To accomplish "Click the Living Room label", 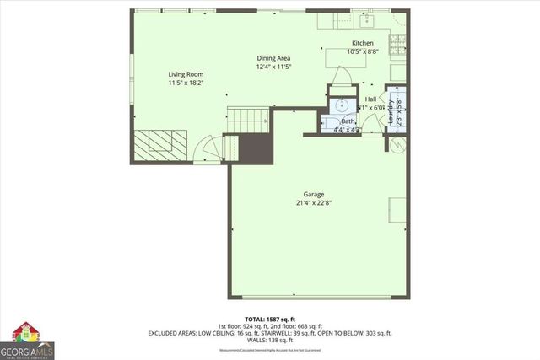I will pos(185,74).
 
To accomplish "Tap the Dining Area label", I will pos(273,58).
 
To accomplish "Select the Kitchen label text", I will pos(362,43).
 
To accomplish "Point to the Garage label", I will pos(314,195).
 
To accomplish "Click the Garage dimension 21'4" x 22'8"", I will pos(314,203).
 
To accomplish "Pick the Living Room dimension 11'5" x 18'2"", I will pos(185,83).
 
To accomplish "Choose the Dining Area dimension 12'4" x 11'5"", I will pos(273,67).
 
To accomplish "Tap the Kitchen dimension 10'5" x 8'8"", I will pos(362,51).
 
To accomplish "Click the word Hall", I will pos(370,99).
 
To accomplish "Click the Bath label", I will pos(348,121).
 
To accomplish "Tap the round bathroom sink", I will pos(342,106).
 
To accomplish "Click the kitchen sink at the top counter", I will pos(368,18).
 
